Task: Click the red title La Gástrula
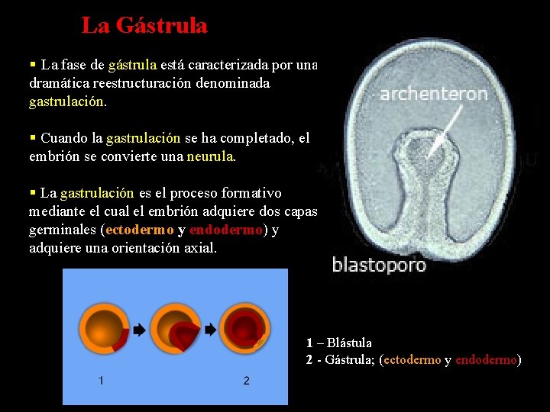144,26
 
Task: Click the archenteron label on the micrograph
433,95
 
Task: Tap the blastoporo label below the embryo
379,266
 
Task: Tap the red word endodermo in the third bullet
226,230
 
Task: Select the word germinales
63,230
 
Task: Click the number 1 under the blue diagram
101,380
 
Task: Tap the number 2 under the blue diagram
246,380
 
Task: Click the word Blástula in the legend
349,343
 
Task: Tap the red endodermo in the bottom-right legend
487,360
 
